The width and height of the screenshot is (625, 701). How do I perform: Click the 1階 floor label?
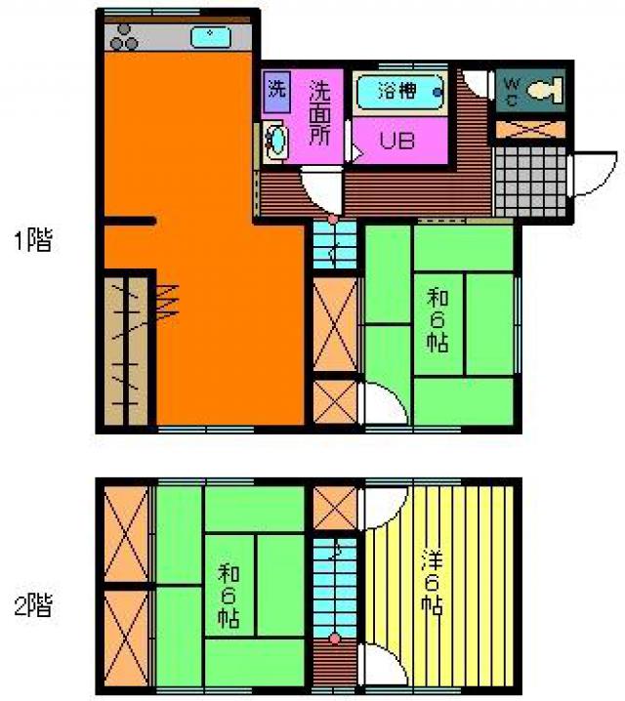[33, 240]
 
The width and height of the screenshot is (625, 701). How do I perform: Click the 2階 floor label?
[33, 605]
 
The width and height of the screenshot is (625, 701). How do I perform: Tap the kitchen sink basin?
[211, 37]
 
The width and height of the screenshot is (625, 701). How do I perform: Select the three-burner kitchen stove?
[124, 37]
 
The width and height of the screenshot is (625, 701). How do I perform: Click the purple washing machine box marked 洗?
[276, 92]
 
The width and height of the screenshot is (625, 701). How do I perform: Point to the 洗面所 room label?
[320, 112]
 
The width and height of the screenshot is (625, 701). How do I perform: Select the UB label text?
[397, 141]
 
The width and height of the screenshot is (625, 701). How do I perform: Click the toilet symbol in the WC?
[545, 90]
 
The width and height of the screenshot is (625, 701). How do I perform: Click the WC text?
[512, 91]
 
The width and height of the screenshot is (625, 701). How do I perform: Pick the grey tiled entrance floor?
[529, 181]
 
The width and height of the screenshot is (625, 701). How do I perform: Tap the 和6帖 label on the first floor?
[437, 320]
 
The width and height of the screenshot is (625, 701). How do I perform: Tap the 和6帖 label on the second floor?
[229, 597]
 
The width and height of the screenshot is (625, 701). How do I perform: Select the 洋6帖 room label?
[433, 583]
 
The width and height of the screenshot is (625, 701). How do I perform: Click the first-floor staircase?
[335, 245]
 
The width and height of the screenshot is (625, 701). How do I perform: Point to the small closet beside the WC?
[530, 129]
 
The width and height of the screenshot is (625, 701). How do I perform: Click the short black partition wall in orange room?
[130, 221]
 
